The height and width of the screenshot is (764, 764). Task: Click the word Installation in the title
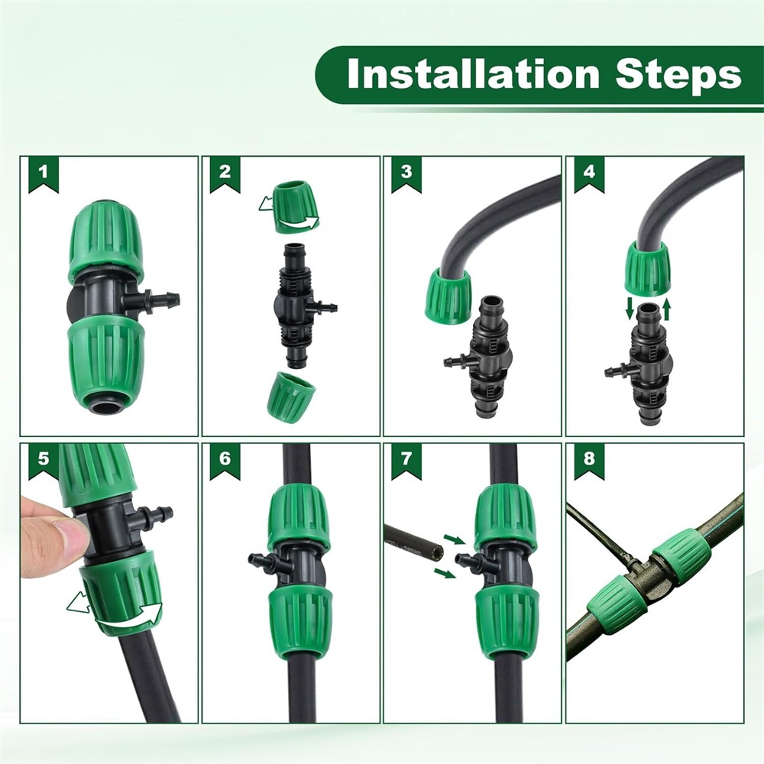point(473,74)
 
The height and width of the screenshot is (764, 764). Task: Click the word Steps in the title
point(678,76)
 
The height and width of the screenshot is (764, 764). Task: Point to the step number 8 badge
point(588,460)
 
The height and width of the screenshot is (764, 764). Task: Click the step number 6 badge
point(225,460)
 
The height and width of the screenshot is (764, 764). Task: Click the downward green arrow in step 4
point(630,309)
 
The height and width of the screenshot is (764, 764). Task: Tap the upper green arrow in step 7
point(454,539)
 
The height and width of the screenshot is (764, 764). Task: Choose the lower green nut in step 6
point(300,616)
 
